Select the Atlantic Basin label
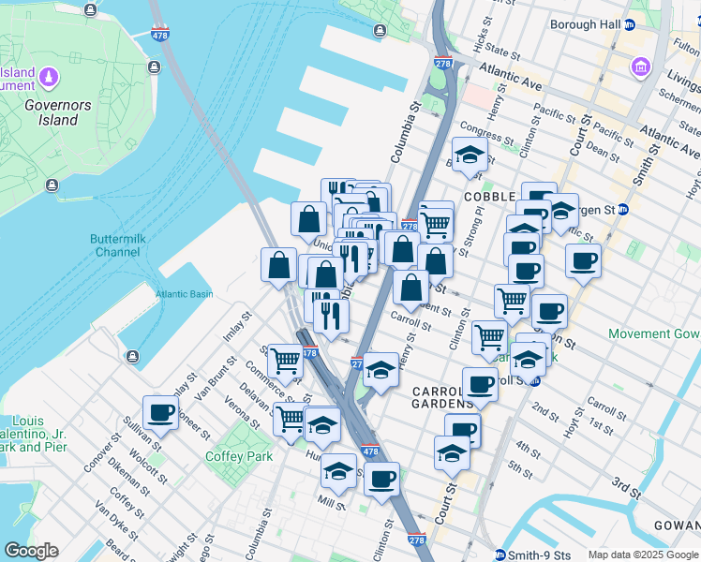(184, 294)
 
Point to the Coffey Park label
(238, 456)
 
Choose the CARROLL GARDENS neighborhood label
(442, 397)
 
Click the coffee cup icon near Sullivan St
(161, 412)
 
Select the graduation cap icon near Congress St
(470, 154)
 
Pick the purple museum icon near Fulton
(641, 67)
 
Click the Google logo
(31, 551)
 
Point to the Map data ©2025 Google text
(643, 555)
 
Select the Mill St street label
(331, 504)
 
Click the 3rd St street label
(625, 487)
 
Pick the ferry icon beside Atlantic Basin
(132, 356)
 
